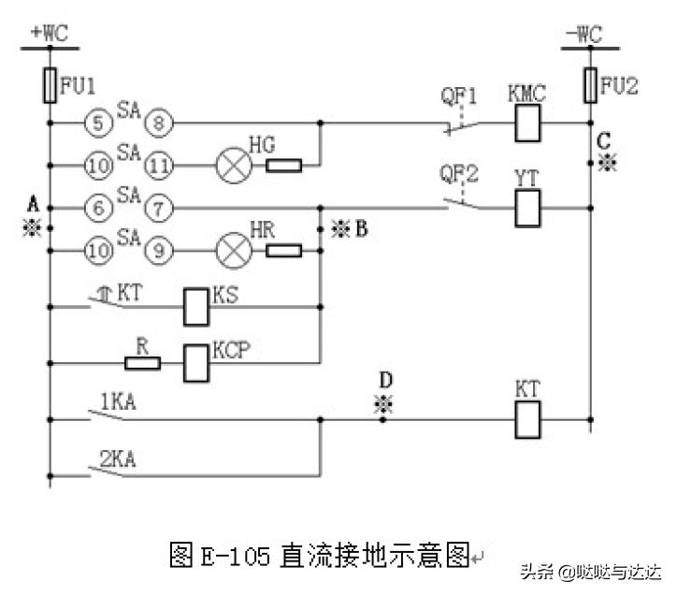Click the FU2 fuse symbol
(589, 84)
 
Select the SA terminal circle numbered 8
(161, 123)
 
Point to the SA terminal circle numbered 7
(161, 207)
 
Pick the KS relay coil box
(196, 306)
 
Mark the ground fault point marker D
(382, 403)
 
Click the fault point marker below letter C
(608, 165)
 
